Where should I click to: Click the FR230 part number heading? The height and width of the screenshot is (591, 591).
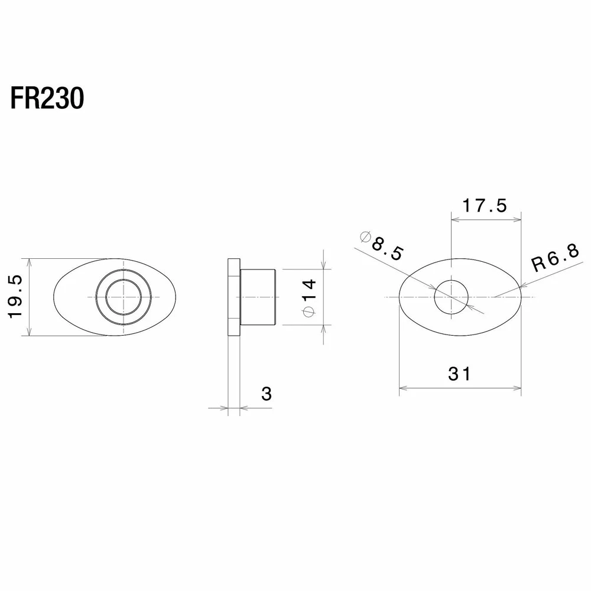pos(47,99)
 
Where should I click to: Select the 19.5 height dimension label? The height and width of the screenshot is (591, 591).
pos(16,297)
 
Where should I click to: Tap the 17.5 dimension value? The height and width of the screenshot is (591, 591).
pos(485,206)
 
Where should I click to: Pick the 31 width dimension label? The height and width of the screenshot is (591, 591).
pos(459,374)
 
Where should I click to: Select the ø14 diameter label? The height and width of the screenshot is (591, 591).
pos(309,298)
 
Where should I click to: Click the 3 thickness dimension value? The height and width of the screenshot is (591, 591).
pos(267,394)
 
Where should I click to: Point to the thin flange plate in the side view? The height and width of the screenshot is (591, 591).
pos(233,297)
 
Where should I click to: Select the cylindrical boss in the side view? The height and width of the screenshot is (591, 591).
pos(258,297)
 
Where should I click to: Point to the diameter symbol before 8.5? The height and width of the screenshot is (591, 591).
pos(366,237)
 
